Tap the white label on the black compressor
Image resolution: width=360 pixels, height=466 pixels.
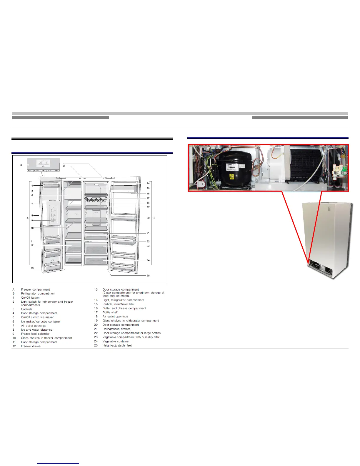[x=231, y=167]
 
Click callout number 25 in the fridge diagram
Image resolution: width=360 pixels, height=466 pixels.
[x=148, y=276]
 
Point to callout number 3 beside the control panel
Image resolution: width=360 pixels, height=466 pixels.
[x=21, y=165]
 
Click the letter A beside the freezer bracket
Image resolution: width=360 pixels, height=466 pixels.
[x=28, y=218]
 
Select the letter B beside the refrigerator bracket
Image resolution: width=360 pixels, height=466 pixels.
[x=154, y=218]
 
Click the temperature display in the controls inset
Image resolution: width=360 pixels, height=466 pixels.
[x=43, y=163]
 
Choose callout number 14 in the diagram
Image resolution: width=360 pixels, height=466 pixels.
[x=148, y=183]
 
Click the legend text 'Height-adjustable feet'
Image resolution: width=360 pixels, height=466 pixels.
[x=117, y=346]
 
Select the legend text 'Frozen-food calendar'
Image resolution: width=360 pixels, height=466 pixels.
[x=35, y=334]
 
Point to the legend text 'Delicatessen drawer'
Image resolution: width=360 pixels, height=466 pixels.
[x=116, y=329]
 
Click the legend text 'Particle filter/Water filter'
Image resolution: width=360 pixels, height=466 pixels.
[x=119, y=304]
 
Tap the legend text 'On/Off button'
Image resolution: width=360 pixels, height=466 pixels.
[x=30, y=298]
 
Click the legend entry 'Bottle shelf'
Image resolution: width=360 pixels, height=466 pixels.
[x=110, y=312]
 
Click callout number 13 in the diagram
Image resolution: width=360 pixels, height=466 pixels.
[x=32, y=268]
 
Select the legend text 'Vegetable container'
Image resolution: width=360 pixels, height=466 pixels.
[x=116, y=342]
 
